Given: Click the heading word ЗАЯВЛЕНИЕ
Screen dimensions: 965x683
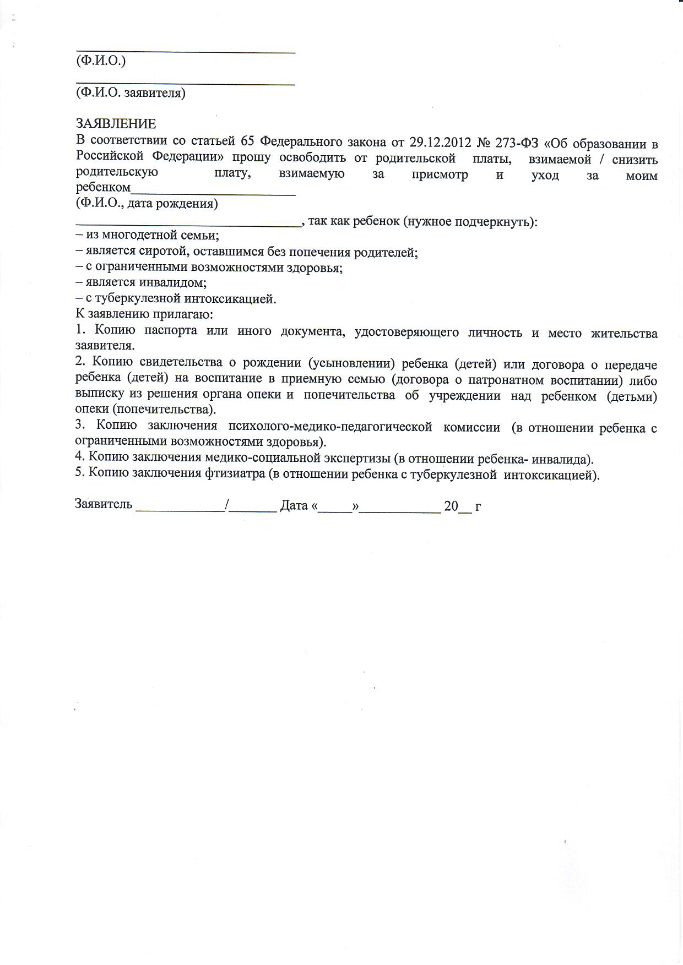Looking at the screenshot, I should [116, 124].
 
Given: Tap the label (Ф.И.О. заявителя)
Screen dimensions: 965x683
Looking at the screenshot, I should [131, 93].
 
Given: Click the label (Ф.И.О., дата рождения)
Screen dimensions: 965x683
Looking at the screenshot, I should [147, 204].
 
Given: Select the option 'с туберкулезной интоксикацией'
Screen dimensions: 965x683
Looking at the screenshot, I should [176, 299].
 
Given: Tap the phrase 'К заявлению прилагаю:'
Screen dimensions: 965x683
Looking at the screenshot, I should [144, 315].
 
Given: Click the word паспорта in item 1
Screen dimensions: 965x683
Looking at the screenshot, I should [171, 332].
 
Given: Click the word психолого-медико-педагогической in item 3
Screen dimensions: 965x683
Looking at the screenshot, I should [330, 427].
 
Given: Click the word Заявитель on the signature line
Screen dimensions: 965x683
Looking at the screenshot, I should [104, 505].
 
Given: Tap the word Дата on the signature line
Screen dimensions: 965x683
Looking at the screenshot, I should [294, 505].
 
